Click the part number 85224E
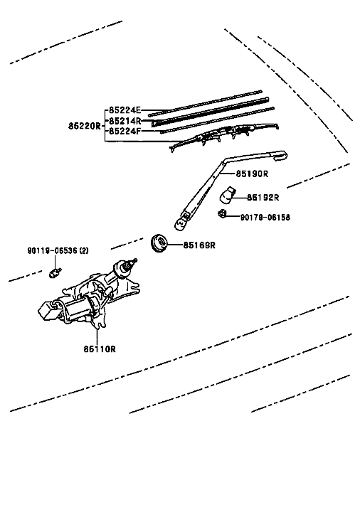125,110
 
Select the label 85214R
125,121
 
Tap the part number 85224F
125,131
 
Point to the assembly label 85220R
85,126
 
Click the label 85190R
253,173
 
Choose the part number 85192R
263,197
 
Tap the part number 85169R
199,245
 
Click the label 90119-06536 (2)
58,251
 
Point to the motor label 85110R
99,348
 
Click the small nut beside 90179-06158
223,213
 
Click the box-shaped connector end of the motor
51,309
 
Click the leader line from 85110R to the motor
98,333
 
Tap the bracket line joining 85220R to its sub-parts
105,126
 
